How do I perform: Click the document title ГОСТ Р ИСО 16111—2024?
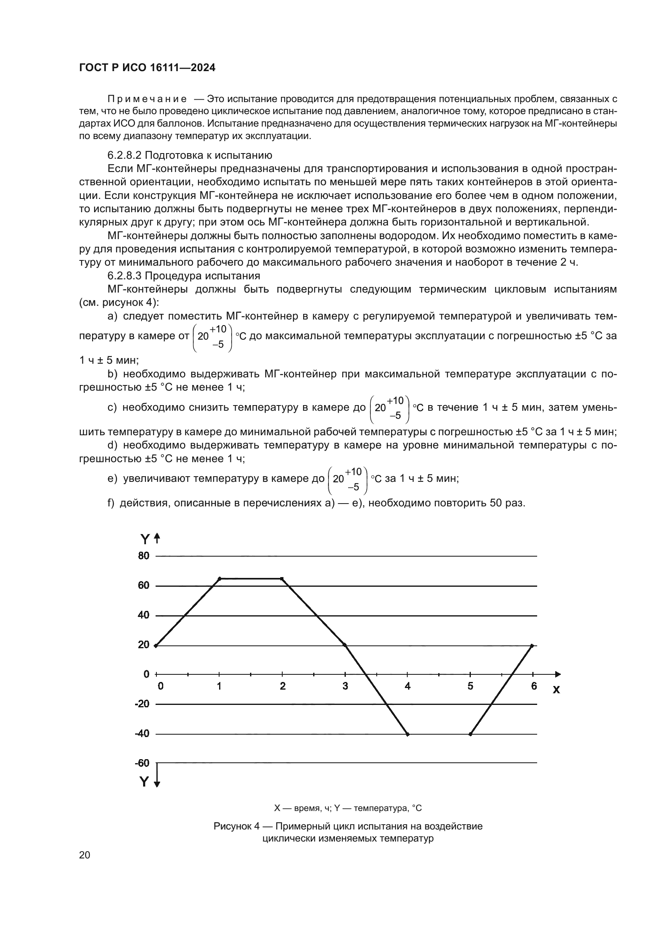coord(147,68)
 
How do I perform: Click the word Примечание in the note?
coord(147,99)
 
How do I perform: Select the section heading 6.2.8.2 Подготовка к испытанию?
coord(190,155)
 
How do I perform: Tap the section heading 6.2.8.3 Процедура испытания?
coord(183,276)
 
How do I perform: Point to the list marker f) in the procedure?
coord(111,503)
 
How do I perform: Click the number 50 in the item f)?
coord(495,503)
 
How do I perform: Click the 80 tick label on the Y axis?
coord(144,556)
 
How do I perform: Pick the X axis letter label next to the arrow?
coord(556,690)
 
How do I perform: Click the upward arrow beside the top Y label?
coord(157,539)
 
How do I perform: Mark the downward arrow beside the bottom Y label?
coord(157,783)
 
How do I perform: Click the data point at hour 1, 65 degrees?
coord(220,578)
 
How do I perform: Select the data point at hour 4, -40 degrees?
coord(408,734)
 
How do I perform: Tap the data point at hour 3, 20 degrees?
coord(345,645)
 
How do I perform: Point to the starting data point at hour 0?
coord(156,646)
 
